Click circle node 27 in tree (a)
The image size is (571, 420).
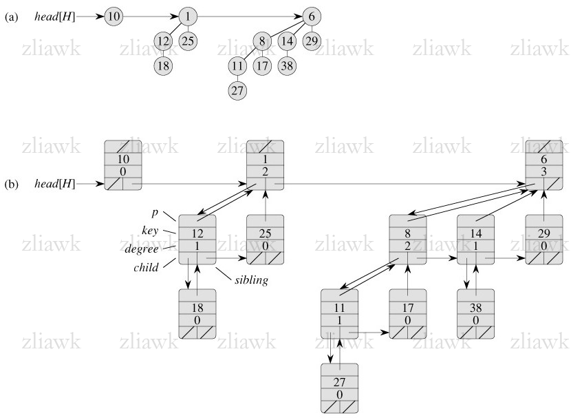(x=238, y=90)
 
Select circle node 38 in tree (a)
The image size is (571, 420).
(x=288, y=66)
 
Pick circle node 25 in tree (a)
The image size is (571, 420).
(x=188, y=41)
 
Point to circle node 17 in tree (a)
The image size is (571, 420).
(x=262, y=66)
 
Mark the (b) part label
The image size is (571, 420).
(x=10, y=185)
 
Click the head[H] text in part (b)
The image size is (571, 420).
(x=54, y=185)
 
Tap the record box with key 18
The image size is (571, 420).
(x=197, y=314)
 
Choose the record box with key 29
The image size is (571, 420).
(x=545, y=240)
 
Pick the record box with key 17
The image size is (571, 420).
(x=408, y=314)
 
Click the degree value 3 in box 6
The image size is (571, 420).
(x=545, y=171)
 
